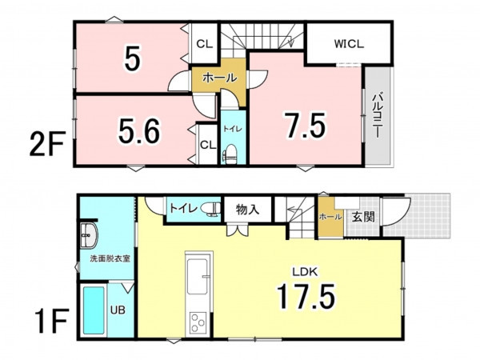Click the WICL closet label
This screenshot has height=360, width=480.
point(349,44)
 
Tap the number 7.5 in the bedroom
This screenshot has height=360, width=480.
point(306,126)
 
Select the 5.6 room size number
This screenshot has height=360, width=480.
point(139,132)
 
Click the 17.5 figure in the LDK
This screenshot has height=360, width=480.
point(306,296)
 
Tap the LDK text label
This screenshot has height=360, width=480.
point(306,272)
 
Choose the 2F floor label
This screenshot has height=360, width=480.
point(47,143)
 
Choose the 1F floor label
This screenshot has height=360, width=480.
point(50,321)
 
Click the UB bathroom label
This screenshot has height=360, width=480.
point(118,310)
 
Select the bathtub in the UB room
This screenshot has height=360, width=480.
point(94,310)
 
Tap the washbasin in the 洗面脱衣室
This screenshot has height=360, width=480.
point(89,235)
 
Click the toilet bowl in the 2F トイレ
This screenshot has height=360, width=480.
point(230,153)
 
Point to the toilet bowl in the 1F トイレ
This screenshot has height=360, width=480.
point(211,209)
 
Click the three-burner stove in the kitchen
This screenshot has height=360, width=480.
point(198,323)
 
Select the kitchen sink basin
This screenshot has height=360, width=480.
point(198,277)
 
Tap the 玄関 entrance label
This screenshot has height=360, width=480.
point(363,217)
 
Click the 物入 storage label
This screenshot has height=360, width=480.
point(247,210)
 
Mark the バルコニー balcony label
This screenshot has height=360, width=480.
point(378,116)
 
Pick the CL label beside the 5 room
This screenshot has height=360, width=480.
point(204,44)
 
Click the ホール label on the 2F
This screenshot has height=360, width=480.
point(219,78)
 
